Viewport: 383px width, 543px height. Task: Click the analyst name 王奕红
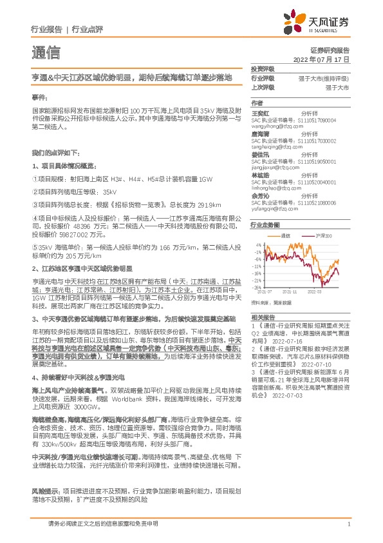click(259, 112)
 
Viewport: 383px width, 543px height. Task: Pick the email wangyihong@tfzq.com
click(277, 126)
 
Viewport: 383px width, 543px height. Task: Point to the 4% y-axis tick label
click(257, 245)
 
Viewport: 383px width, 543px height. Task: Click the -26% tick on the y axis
click(256, 288)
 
